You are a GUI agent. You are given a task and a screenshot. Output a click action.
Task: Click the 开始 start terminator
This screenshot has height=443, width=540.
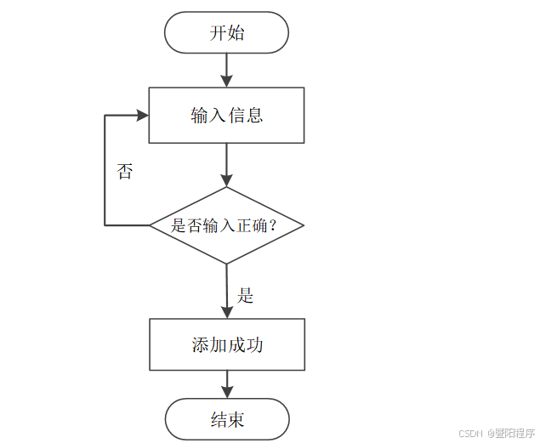pos(226,33)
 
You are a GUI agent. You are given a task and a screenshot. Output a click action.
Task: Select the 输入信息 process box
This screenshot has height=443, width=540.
pos(226,115)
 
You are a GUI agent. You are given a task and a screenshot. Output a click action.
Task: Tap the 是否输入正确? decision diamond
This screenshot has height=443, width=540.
pos(226,225)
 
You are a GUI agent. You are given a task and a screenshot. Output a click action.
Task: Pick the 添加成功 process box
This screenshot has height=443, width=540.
pos(226,344)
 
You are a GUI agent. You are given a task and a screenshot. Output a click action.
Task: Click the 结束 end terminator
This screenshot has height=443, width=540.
pos(226,419)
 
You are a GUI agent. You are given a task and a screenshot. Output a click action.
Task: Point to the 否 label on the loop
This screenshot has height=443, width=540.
pos(125,172)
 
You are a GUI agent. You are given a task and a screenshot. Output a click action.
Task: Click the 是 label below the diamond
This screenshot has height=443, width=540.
pos(246,296)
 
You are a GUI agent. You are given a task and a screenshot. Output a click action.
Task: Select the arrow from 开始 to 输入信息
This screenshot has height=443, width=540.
pos(226,70)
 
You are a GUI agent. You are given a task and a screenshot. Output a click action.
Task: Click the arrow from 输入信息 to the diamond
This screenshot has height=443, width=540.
pos(226,164)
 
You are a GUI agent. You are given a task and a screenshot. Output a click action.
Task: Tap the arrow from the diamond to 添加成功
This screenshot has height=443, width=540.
pos(226,290)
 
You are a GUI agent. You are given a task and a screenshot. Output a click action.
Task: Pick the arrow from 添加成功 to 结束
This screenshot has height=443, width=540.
pos(226,384)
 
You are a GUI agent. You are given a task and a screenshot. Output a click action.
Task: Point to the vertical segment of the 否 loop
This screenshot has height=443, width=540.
pos(105,170)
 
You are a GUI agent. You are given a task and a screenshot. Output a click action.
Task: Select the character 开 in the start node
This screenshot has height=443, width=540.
pos(218,33)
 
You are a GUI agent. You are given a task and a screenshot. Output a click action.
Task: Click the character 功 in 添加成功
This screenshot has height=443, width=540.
pos(253,344)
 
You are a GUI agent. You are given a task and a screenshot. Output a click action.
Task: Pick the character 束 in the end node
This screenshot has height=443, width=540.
pos(236,419)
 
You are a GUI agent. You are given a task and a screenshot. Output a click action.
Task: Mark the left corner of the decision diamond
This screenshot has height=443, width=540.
pos(151,225)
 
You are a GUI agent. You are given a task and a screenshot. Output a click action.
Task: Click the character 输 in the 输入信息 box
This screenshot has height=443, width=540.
pos(200,115)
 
